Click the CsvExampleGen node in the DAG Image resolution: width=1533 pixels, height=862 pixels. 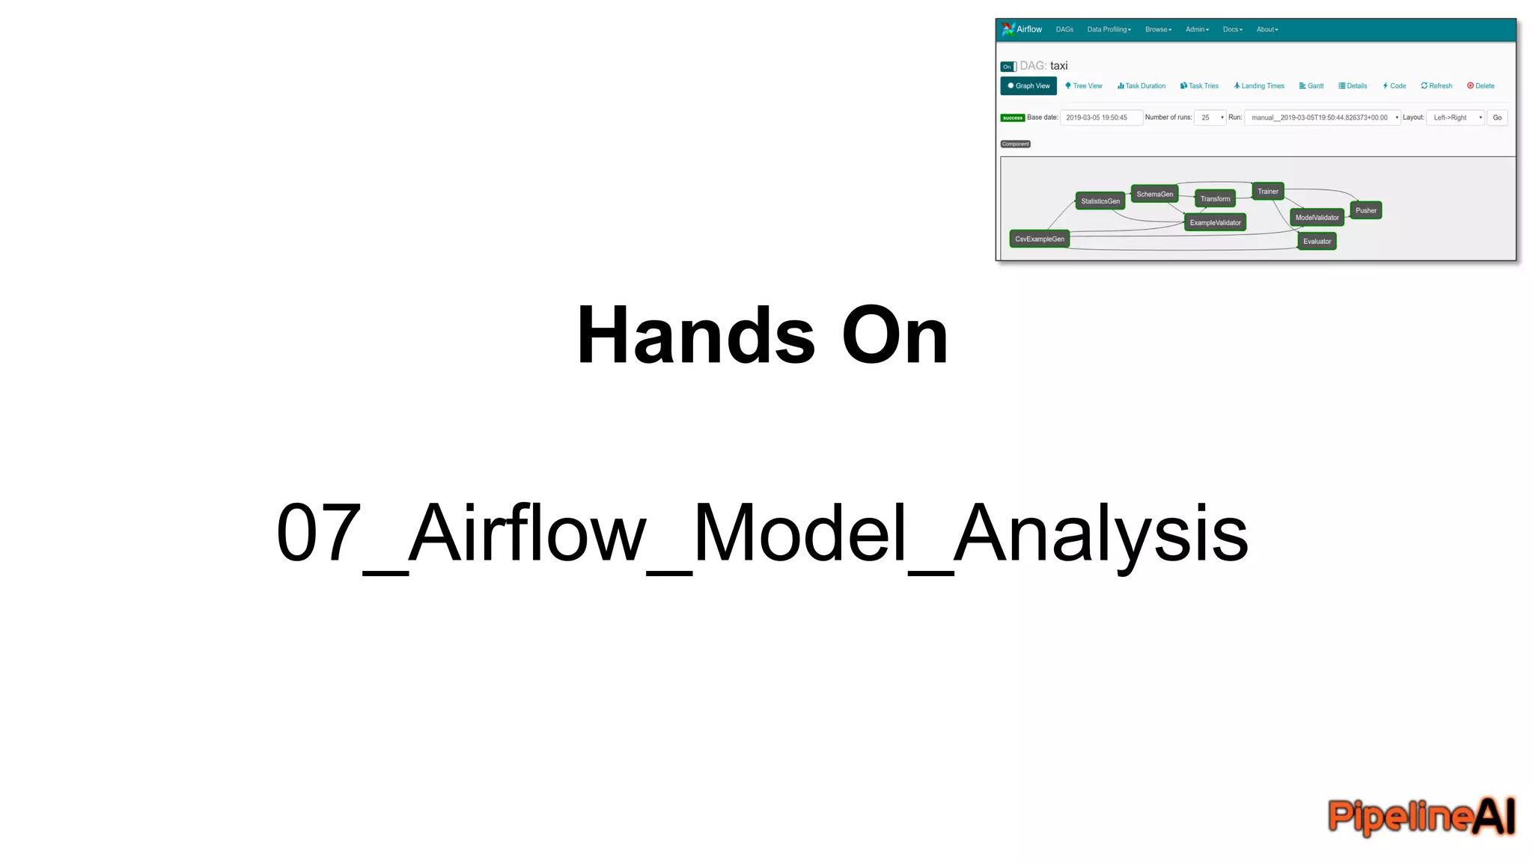(x=1039, y=239)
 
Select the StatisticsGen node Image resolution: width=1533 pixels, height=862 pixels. (x=1100, y=201)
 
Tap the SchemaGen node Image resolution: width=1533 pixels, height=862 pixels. (x=1154, y=195)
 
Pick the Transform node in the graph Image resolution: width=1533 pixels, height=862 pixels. (x=1215, y=199)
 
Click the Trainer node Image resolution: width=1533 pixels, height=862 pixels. (x=1268, y=192)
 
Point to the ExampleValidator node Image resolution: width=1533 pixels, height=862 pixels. (x=1215, y=223)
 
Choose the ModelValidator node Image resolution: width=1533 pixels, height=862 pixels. (x=1317, y=218)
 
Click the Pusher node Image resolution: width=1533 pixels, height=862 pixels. (x=1365, y=211)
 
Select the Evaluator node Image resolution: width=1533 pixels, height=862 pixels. (x=1317, y=242)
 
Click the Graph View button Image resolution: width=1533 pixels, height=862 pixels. (x=1028, y=86)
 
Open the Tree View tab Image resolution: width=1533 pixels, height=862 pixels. (x=1084, y=86)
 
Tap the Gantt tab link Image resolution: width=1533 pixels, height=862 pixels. (x=1311, y=86)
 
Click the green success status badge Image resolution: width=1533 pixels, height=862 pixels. (x=1012, y=118)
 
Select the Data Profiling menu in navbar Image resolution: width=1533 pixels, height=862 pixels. (x=1109, y=30)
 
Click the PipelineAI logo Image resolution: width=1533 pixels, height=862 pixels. (x=1421, y=816)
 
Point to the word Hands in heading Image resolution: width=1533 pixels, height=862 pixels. (x=695, y=336)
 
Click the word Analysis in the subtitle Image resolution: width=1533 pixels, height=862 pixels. (x=1100, y=534)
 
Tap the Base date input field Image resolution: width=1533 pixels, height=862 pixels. (x=1100, y=118)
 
